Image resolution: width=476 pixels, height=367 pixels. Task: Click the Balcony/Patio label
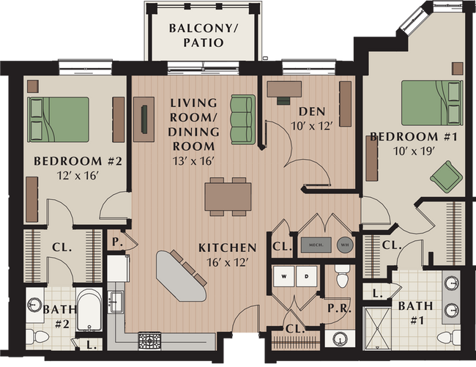[196, 35]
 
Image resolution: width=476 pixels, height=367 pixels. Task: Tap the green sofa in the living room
[242, 119]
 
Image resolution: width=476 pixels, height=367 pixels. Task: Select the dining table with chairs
[227, 196]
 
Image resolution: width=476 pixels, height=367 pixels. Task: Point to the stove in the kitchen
[149, 341]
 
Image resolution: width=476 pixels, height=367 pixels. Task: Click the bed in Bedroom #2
[58, 119]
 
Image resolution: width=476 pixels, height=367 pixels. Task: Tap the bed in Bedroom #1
[431, 103]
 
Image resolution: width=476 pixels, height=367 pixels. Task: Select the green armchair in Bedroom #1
[446, 177]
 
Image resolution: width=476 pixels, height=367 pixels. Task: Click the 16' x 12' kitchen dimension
[227, 262]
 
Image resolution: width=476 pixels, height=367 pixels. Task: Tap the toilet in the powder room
[342, 277]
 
